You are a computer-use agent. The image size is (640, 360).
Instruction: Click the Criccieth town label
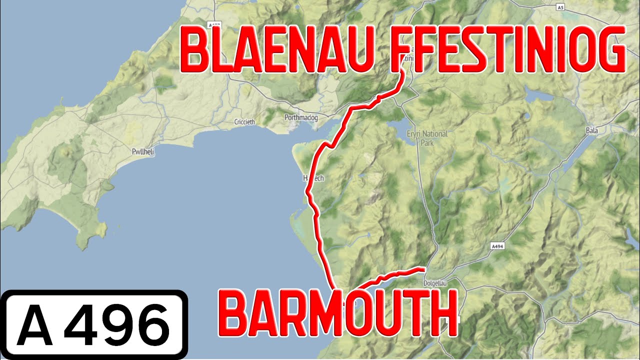(x=244, y=122)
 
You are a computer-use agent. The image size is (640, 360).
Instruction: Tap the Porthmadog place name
(x=298, y=117)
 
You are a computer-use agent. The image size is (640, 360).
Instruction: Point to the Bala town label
(x=591, y=130)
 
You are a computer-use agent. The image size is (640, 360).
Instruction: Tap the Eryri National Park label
(x=427, y=138)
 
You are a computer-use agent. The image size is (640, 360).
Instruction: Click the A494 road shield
(x=496, y=246)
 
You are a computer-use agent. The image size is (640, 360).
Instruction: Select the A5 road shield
(x=560, y=7)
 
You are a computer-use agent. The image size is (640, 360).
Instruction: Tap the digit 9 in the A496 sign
(x=116, y=324)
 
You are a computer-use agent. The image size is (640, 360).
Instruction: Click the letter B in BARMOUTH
(x=233, y=315)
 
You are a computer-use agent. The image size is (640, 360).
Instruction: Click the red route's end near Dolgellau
(x=423, y=268)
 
